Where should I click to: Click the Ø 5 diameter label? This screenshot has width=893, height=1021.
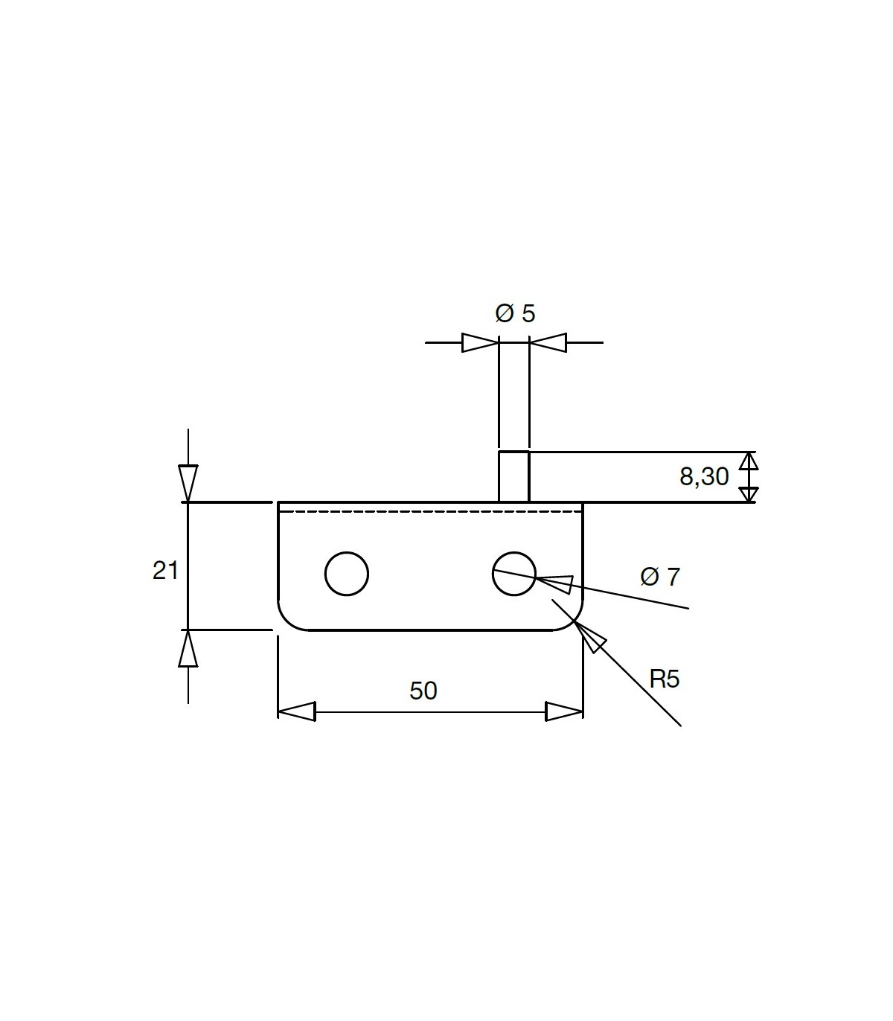click(515, 313)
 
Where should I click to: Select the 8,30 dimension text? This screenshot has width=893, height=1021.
click(704, 476)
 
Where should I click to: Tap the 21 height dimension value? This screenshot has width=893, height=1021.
click(165, 570)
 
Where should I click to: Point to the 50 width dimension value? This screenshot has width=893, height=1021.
click(423, 691)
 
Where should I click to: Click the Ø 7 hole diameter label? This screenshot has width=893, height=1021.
click(660, 577)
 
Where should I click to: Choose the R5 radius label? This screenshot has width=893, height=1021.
click(665, 679)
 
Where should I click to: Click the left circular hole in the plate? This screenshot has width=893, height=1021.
click(347, 552)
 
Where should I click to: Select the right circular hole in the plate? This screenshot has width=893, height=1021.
click(514, 552)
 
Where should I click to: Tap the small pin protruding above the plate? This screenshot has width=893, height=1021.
click(514, 476)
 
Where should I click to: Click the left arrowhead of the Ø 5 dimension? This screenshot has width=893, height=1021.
click(480, 343)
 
